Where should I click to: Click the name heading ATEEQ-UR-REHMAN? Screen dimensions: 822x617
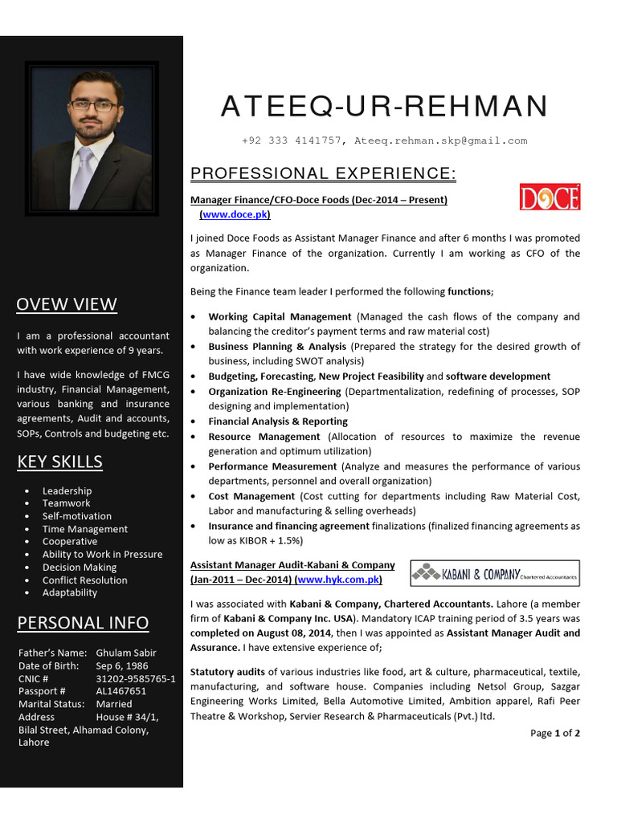pos(384,106)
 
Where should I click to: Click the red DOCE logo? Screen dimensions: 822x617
pos(550,197)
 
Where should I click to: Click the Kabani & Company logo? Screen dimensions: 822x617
pos(494,573)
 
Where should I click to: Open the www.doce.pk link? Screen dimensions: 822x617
pos(235,214)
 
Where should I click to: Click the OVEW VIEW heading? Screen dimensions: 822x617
pos(67,303)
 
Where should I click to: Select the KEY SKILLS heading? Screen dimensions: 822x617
pos(59,461)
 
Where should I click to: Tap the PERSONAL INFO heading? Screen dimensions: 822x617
pos(83,622)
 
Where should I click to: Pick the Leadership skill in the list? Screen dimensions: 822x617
pos(67,490)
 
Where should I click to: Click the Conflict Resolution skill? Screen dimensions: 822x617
pos(84,580)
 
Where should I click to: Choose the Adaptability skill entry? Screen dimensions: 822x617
pos(70,592)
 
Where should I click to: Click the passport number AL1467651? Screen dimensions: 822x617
pos(121,690)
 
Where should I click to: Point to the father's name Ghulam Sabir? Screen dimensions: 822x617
pos(126,653)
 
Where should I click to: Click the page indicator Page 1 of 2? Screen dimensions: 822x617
pos(555,733)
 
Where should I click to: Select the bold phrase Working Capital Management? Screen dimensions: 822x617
pos(280,317)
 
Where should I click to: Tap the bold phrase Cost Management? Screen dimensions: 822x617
pos(251,496)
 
